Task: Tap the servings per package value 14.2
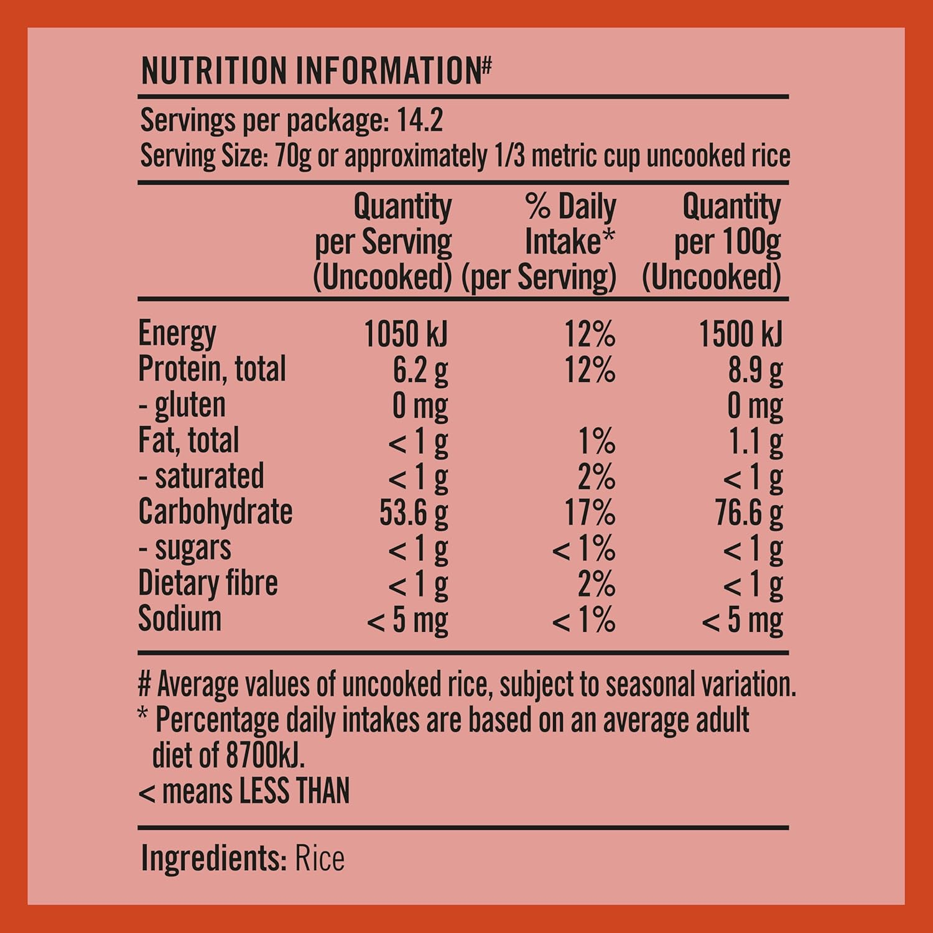420,120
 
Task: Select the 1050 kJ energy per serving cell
406,334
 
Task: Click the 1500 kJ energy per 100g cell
740,334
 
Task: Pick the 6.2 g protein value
420,370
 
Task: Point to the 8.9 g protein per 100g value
755,370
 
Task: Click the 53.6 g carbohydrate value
413,513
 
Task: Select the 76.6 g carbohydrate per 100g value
748,513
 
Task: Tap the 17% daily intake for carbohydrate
590,513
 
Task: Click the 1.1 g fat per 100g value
755,442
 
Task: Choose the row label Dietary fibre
208,583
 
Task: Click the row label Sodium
180,619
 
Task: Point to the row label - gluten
182,406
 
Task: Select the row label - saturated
201,476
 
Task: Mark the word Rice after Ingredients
319,858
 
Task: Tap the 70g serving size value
292,155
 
